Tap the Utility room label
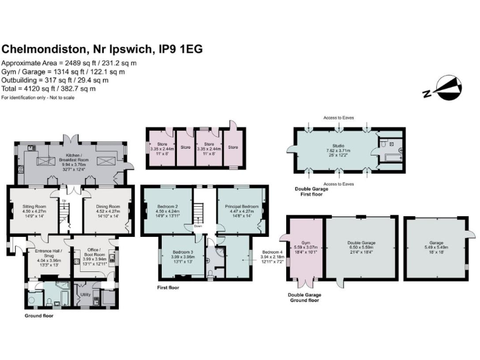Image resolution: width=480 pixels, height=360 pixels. (x=86, y=292)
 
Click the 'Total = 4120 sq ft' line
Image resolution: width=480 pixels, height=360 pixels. (x=49, y=89)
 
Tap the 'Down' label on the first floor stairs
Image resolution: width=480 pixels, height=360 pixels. (x=198, y=236)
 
